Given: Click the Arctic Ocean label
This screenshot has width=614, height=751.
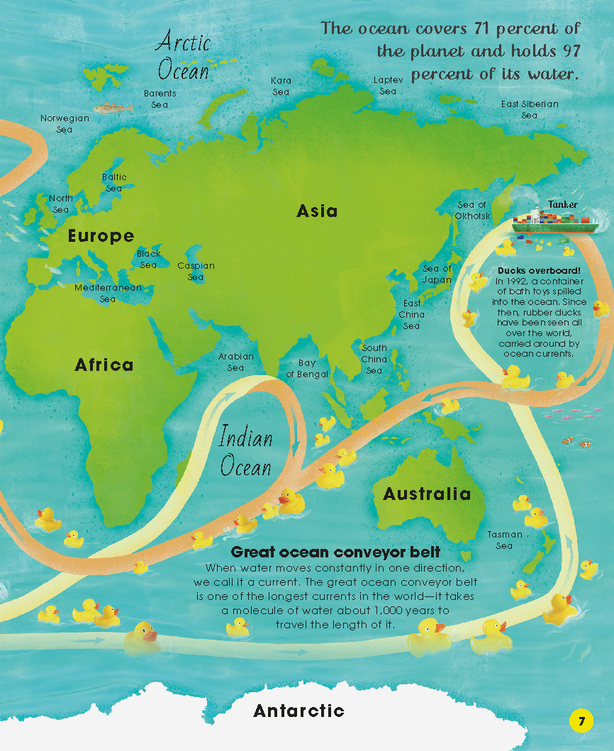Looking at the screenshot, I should pyautogui.click(x=184, y=55).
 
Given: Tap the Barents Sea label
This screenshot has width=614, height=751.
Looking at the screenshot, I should pyautogui.click(x=160, y=99).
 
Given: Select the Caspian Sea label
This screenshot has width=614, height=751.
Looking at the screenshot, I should pyautogui.click(x=196, y=271).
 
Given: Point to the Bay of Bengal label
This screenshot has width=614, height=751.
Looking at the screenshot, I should pyautogui.click(x=307, y=368).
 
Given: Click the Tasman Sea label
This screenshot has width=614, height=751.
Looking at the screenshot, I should pyautogui.click(x=505, y=540).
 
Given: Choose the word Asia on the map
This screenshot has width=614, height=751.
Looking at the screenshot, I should pyautogui.click(x=317, y=211).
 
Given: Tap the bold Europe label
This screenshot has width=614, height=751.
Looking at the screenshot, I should pyautogui.click(x=101, y=236).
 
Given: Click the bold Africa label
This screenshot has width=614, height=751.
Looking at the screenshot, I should pyautogui.click(x=104, y=365).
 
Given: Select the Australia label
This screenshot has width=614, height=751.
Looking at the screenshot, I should pyautogui.click(x=427, y=494).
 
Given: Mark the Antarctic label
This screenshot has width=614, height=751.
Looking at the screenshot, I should pyautogui.click(x=298, y=710).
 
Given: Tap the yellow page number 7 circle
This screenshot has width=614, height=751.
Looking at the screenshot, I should pyautogui.click(x=581, y=722).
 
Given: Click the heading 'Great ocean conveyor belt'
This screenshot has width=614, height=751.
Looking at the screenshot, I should pyautogui.click(x=336, y=552).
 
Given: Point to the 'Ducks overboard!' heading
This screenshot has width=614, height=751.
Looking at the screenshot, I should pyautogui.click(x=540, y=271).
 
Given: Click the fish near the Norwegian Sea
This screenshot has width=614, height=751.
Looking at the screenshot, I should pyautogui.click(x=113, y=109).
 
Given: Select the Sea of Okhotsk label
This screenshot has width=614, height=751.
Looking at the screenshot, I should pyautogui.click(x=472, y=210).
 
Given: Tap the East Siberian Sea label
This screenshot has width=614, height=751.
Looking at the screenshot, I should pyautogui.click(x=530, y=109).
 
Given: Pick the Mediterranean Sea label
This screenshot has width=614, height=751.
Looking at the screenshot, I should pyautogui.click(x=108, y=293).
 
